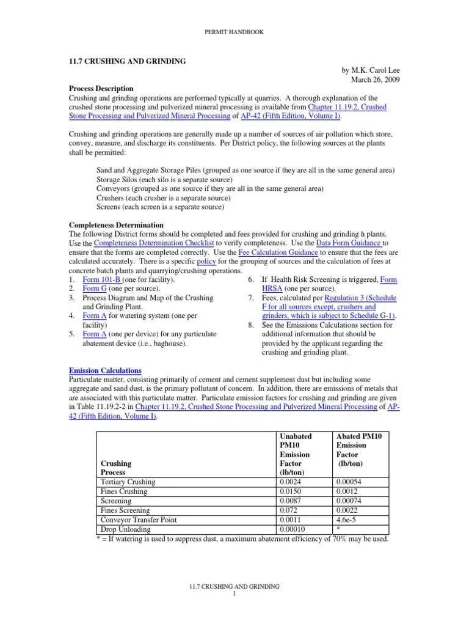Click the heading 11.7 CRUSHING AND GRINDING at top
(x=127, y=62)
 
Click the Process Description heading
(x=100, y=89)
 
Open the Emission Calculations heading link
(x=105, y=370)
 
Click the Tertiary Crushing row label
(x=128, y=482)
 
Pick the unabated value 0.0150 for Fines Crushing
(x=289, y=491)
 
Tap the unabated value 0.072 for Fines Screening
(x=288, y=510)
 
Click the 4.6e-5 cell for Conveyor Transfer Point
(x=346, y=519)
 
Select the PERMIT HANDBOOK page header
(x=234, y=32)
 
